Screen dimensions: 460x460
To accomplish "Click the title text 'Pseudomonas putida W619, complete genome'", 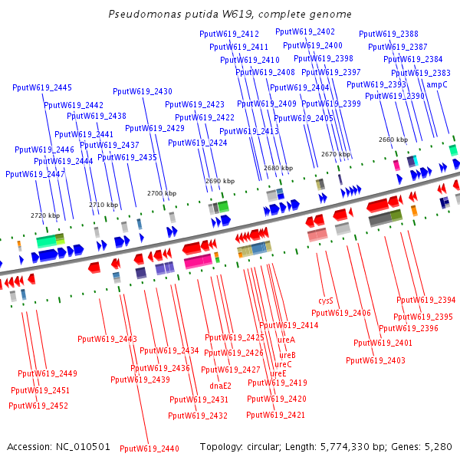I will pyautogui.click(x=230, y=14).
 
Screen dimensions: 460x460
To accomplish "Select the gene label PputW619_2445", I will pyautogui.click(x=42, y=87).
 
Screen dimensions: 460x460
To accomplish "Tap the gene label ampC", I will pyautogui.click(x=437, y=84).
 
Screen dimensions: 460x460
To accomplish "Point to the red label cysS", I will pyautogui.click(x=326, y=301).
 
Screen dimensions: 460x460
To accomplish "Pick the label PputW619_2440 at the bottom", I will pyautogui.click(x=149, y=449).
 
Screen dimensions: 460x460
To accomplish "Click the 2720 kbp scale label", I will pyautogui.click(x=44, y=215).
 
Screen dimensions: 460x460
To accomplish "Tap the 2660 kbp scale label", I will pyautogui.click(x=393, y=140).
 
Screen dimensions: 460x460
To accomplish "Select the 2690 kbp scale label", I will pyautogui.click(x=220, y=181).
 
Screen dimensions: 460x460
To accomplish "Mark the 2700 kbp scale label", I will pyautogui.click(x=162, y=193).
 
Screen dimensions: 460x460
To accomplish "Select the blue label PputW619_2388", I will pyautogui.click(x=389, y=34).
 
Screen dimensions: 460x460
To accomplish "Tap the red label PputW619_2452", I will pyautogui.click(x=38, y=406).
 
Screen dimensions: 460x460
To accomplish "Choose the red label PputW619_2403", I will pyautogui.click(x=376, y=360).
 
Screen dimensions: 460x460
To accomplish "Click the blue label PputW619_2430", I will pyautogui.click(x=143, y=91).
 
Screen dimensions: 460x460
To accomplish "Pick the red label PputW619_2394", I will pyautogui.click(x=426, y=300).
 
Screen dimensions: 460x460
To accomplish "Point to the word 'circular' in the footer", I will pyautogui.click(x=265, y=446).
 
